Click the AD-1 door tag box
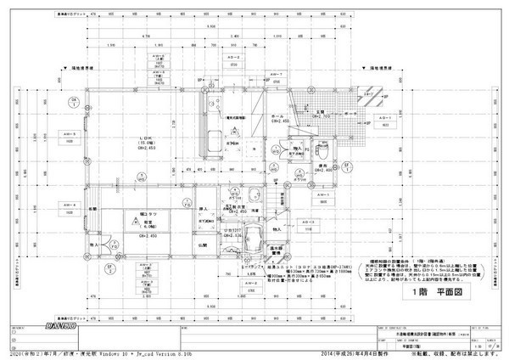(384, 119)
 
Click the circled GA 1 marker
(75, 103)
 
